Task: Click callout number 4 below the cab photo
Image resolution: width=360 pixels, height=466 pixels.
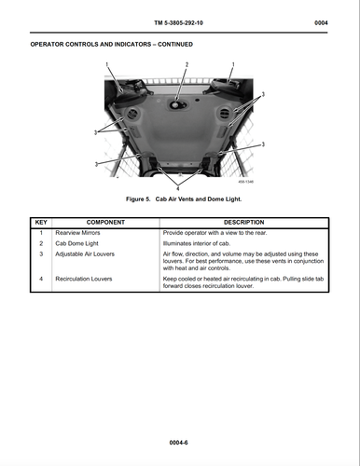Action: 183,177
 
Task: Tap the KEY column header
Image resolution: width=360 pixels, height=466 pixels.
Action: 41,223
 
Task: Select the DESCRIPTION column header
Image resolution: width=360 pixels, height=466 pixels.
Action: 244,223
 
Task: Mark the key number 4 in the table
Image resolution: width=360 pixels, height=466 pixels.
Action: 41,279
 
